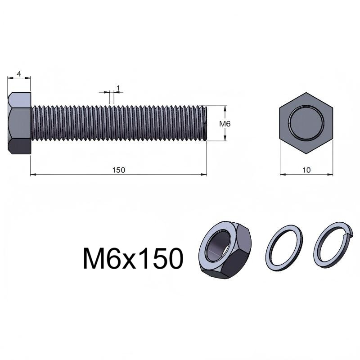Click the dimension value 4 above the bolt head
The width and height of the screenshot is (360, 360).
(19, 74)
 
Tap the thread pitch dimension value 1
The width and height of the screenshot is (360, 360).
(118, 88)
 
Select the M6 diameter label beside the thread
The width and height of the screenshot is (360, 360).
(225, 124)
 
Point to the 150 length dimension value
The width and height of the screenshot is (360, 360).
(118, 170)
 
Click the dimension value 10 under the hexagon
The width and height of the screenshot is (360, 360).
(306, 170)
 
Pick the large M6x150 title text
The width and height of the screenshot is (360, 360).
(133, 258)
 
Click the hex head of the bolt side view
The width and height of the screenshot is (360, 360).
(19, 123)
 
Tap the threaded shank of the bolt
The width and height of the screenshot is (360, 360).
(119, 123)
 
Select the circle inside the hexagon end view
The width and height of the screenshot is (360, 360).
(306, 123)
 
